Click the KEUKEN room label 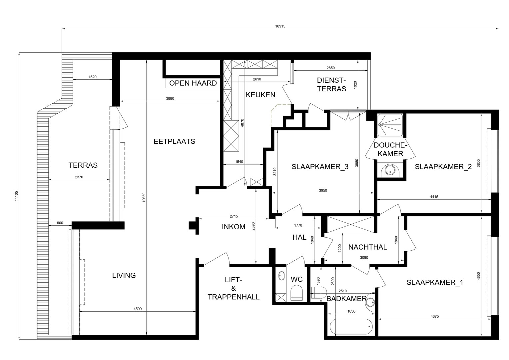pos(260,95)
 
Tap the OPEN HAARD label pos(193,83)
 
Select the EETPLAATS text pos(174,141)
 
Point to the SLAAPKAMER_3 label pos(320,167)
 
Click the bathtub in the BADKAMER pos(351,327)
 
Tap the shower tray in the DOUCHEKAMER pos(390,125)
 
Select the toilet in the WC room pos(297,293)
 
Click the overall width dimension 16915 pos(280,26)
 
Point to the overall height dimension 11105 pos(16,196)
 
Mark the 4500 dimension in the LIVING pos(138,309)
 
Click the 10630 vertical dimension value pos(144,197)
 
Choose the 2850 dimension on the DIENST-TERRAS pos(331,68)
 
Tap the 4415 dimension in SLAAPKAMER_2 pos(434,197)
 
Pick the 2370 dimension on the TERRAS pos(79,177)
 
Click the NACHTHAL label pos(368,247)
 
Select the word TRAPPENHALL pos(234,297)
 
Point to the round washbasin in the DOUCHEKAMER pos(390,170)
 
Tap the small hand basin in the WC pos(281,276)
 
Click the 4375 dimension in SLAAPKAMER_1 pos(435,316)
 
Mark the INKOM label pos(234,227)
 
